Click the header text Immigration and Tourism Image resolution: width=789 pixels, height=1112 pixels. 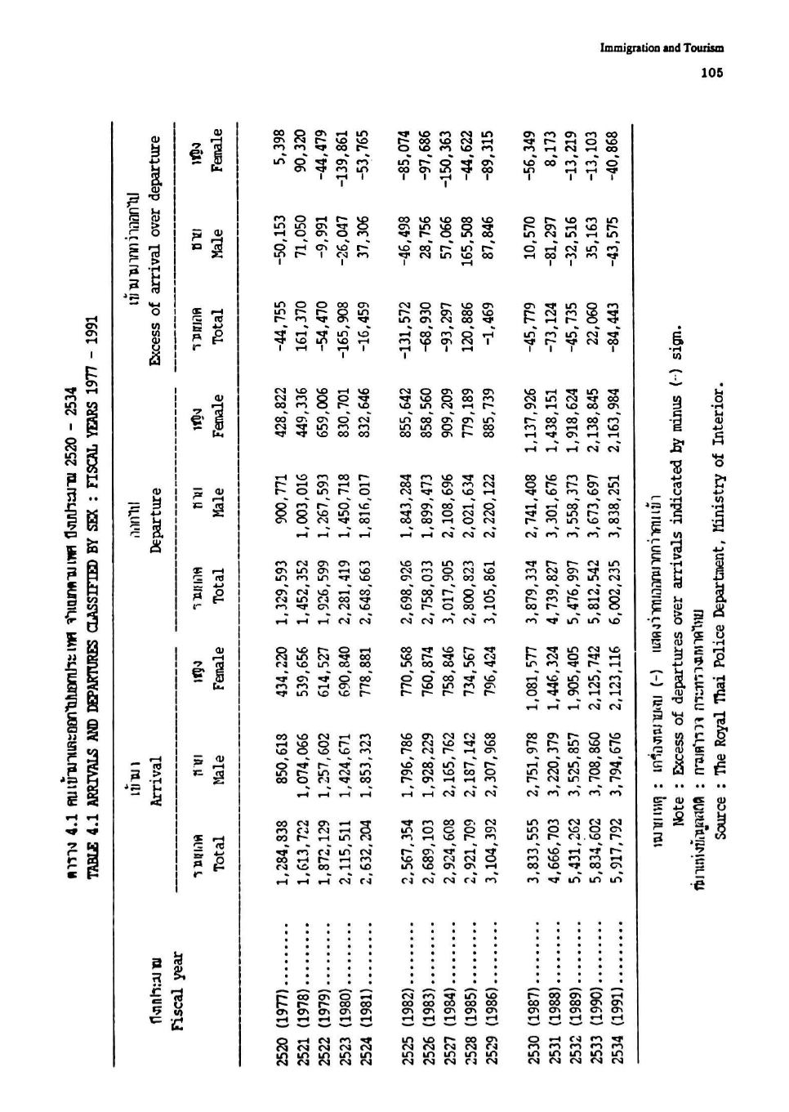(x=662, y=48)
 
